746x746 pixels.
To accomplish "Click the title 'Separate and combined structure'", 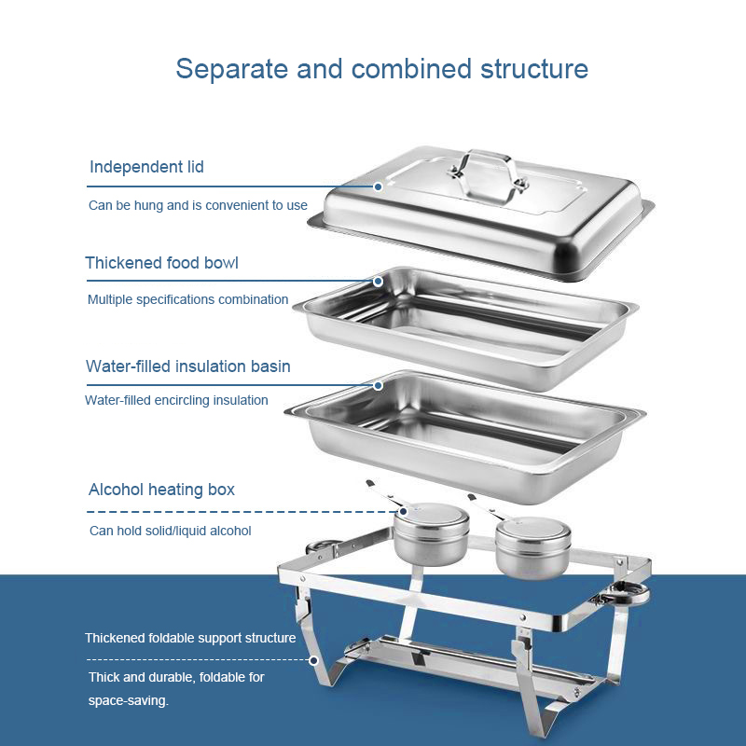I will [381, 69].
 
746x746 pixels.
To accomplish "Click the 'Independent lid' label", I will [146, 168].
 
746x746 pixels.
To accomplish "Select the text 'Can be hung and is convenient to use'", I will [198, 205].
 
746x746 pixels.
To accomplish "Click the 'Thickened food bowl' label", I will [161, 263].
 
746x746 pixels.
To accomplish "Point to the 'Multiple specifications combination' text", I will [187, 300].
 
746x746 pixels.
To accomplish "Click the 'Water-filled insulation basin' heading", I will [187, 366].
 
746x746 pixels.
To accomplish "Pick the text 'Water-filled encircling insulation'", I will [176, 401].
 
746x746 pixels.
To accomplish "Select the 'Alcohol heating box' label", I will [161, 490].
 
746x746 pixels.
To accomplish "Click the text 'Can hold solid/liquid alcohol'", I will [170, 531].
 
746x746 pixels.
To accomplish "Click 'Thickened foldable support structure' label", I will [190, 639].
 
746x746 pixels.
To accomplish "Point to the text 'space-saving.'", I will [129, 699].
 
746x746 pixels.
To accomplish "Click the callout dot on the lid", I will [379, 186].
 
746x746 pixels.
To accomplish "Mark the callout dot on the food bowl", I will [379, 281].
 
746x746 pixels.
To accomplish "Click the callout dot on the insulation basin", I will [379, 384].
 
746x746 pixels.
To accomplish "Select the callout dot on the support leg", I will [314, 659].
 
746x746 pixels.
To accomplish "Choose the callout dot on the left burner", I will [404, 511].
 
